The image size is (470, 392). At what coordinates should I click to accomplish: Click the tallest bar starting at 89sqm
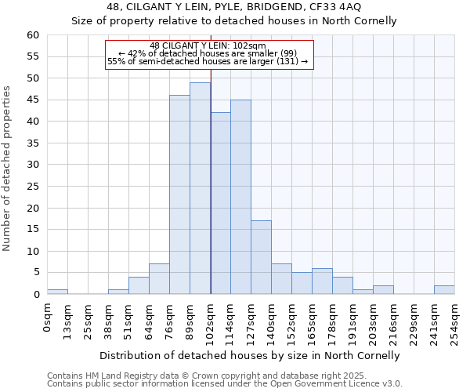200,188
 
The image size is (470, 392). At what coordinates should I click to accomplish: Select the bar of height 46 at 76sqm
179,194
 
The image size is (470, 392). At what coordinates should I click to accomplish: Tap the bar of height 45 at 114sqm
240,197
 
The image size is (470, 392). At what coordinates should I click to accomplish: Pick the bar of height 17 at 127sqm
261,257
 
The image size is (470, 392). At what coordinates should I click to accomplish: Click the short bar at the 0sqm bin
57,292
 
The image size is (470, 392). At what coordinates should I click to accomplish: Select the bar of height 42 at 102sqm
220,203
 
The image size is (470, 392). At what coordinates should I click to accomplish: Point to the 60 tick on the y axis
32,35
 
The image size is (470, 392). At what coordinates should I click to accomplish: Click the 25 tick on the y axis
32,187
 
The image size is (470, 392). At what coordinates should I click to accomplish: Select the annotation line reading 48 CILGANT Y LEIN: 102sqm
208,45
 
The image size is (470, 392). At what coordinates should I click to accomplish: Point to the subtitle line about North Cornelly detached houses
234,21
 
